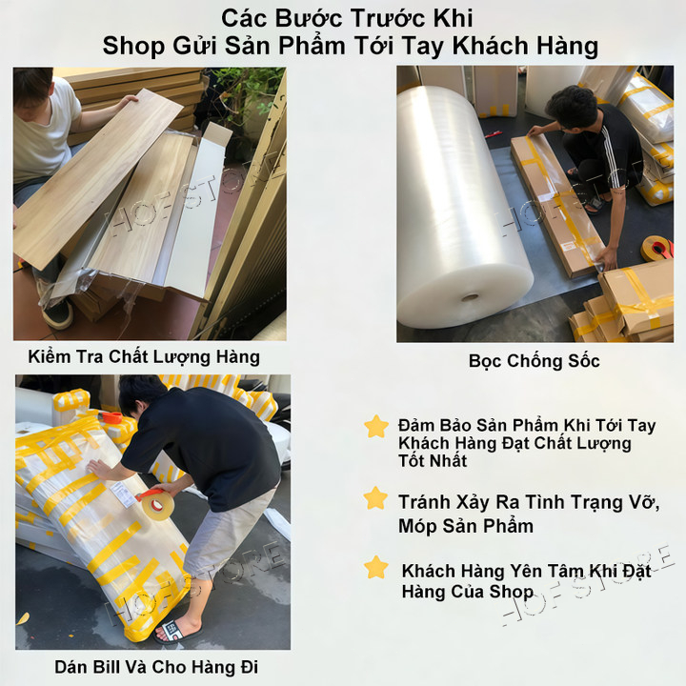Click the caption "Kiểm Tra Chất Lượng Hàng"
tap(144, 357)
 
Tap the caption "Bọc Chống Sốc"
tap(535, 361)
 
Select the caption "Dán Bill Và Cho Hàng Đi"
tap(156, 667)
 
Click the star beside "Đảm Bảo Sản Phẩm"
tap(376, 427)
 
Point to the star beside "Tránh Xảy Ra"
tap(375, 498)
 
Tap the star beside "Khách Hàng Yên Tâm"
tap(376, 567)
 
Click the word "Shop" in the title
tap(133, 47)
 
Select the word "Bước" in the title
tap(310, 19)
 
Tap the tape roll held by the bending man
tap(155, 504)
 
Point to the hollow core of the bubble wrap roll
tap(471, 298)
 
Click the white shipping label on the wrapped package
tap(122, 494)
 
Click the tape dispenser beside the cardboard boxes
tap(657, 249)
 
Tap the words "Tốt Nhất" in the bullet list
tap(433, 461)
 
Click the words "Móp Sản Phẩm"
tap(466, 526)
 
